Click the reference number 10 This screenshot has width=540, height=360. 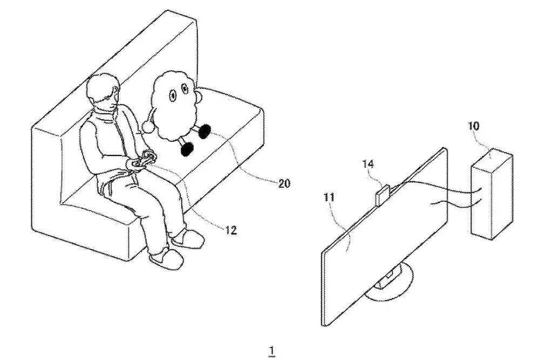(x=474, y=126)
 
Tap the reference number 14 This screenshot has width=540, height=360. (x=368, y=164)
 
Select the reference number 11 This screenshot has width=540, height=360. (x=329, y=197)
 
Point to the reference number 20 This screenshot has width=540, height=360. (x=284, y=184)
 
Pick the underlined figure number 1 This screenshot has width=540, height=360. (x=272, y=351)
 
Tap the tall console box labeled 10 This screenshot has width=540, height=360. (x=491, y=193)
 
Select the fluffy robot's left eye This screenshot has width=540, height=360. (x=172, y=95)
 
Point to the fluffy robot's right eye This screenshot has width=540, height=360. (x=185, y=89)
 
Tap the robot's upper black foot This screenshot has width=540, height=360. (x=205, y=131)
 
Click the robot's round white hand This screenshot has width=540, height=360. (x=149, y=127)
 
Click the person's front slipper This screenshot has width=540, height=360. (x=166, y=258)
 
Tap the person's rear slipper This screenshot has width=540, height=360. (x=187, y=238)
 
